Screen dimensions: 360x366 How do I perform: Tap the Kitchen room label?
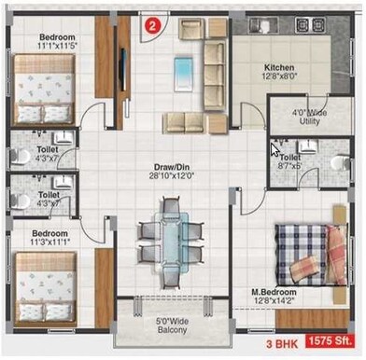(x=280, y=68)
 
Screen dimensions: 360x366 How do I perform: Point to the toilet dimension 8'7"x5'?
(x=289, y=168)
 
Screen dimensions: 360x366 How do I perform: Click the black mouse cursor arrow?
(x=275, y=149)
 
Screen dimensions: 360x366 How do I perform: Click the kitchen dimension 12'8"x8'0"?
(x=280, y=78)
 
